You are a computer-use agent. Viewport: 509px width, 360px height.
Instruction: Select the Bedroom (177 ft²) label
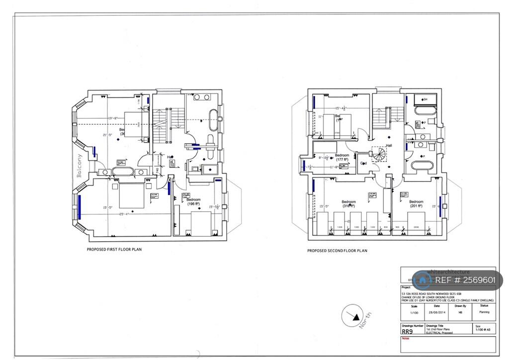coord(342,157)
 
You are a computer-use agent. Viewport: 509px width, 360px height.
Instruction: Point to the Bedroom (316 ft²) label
coord(349,204)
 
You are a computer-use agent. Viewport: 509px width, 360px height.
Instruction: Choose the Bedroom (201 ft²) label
coord(416,204)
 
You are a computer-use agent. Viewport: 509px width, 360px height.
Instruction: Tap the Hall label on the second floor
coord(389,146)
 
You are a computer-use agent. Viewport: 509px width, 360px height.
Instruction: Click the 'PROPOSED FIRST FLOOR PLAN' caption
coord(114,249)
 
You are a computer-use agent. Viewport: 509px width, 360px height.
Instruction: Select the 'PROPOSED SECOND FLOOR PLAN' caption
coord(337,251)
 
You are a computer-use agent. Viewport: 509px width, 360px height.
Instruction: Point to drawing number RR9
coord(407,331)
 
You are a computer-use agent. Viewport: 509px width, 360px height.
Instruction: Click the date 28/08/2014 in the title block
coord(436,312)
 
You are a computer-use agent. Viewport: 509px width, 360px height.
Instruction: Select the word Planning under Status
coord(484,312)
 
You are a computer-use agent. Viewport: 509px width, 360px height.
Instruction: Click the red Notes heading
coord(406,338)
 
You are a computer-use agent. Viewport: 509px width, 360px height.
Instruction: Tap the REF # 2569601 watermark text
coord(465,280)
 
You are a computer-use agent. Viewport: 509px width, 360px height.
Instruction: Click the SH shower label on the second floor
coord(424,99)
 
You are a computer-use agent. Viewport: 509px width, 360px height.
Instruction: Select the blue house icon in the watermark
coord(423,280)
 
